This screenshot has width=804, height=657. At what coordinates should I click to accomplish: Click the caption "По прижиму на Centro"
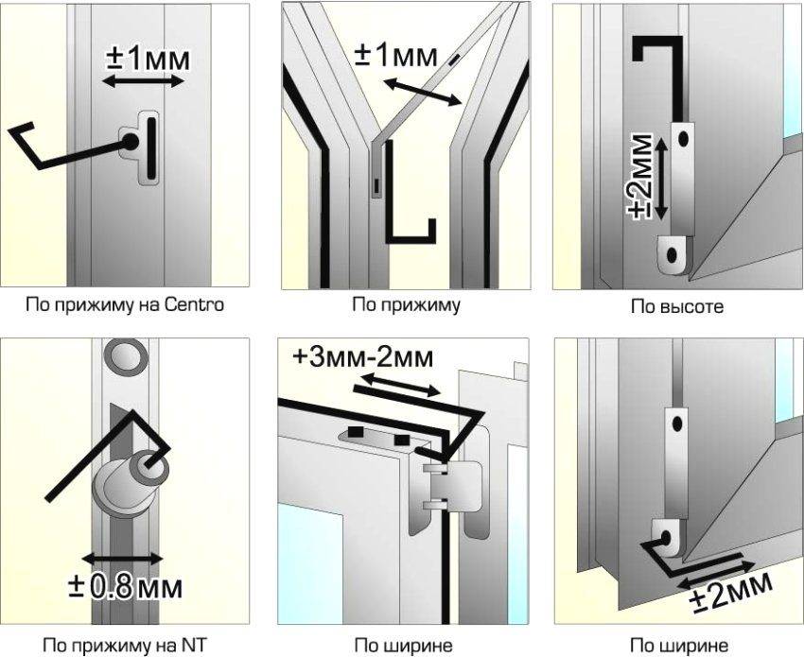(x=125, y=305)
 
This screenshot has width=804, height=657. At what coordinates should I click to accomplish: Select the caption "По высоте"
(x=677, y=306)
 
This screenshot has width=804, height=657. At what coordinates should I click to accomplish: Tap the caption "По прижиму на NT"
(x=125, y=644)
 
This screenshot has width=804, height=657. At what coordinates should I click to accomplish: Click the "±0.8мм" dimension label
(x=125, y=587)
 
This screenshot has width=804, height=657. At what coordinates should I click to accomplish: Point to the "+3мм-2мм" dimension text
(x=363, y=357)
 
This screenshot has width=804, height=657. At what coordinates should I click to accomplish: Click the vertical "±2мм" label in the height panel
(x=642, y=176)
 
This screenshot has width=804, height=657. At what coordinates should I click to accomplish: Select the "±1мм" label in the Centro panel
(x=148, y=59)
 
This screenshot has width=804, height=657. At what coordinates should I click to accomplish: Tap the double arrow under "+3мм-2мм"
(x=400, y=385)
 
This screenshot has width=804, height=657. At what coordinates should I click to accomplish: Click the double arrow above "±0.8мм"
(x=122, y=558)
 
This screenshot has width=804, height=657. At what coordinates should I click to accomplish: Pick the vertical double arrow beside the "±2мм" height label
(x=661, y=179)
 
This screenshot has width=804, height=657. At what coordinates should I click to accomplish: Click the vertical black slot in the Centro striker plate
(x=151, y=147)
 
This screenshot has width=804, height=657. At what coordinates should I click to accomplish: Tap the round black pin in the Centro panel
(x=130, y=142)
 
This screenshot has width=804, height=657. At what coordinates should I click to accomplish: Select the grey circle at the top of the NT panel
(x=126, y=356)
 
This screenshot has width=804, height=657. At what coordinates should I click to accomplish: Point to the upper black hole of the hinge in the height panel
(x=683, y=138)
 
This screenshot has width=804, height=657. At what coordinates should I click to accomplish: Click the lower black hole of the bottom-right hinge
(x=666, y=538)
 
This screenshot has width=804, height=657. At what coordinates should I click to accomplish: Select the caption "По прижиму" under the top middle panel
(x=406, y=305)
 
